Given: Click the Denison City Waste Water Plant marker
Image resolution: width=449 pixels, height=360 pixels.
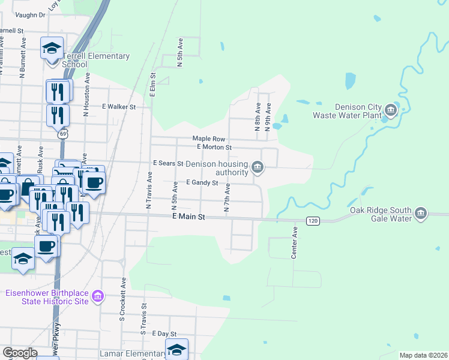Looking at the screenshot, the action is (x=391, y=110).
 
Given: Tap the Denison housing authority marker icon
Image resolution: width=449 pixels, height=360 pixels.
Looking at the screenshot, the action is (x=258, y=167).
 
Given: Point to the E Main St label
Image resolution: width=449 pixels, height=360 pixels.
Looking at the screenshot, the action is (x=188, y=217).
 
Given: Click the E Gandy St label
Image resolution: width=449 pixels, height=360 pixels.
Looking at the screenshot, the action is (x=201, y=182).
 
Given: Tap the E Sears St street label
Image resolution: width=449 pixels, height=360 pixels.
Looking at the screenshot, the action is (x=167, y=163).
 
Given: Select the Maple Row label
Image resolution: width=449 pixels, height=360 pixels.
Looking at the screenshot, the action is (x=208, y=139).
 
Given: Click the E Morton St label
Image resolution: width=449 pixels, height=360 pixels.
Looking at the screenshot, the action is (x=214, y=146).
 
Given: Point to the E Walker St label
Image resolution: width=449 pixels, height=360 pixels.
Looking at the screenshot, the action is (x=119, y=107).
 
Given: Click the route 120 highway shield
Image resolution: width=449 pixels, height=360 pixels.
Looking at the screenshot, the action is (x=312, y=221).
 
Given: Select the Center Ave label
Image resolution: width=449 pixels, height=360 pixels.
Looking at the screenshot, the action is (x=295, y=243).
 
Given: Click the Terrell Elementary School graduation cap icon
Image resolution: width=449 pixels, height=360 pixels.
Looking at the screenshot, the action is (x=52, y=47).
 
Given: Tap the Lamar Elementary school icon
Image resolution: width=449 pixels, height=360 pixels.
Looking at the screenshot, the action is (x=176, y=349).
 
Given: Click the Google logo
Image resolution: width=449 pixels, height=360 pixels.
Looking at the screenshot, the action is (x=20, y=353).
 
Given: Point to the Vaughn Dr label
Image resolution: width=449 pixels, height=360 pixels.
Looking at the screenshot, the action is (x=30, y=15).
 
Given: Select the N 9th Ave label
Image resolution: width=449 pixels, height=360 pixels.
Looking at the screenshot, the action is (x=268, y=117).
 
